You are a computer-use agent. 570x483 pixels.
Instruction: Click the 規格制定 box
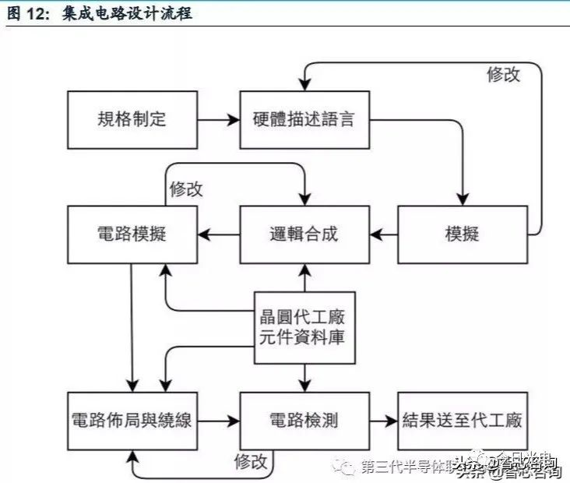132,120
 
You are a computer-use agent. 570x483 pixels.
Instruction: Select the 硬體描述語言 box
303,120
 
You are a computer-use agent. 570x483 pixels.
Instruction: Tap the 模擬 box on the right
463,234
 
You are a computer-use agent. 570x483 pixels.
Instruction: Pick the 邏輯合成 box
303,234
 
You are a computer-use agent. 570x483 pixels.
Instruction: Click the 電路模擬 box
132,234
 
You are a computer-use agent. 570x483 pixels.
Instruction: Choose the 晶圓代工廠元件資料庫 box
303,329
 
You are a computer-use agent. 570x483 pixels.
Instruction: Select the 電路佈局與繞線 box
132,421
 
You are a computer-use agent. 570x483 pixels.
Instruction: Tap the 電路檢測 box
303,421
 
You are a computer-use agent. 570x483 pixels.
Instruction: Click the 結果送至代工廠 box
463,421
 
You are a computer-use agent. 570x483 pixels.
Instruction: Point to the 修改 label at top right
503,75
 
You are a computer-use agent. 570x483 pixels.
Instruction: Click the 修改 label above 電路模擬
186,189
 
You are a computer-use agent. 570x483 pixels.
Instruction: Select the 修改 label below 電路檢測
251,461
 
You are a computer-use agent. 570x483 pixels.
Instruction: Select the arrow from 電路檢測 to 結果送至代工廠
382,421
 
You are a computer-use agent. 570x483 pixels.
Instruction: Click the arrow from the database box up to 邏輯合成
304,277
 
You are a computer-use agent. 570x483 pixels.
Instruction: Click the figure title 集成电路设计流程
125,14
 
